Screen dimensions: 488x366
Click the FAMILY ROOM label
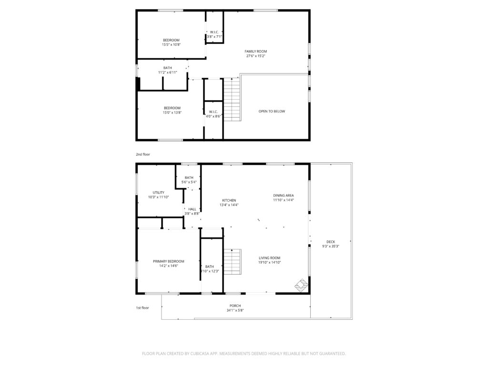coord(256,51)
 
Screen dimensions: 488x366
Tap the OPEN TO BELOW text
coord(272,111)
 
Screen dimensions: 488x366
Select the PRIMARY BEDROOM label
coord(168,262)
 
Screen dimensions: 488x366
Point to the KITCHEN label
coord(229,201)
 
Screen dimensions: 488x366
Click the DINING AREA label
coord(284,195)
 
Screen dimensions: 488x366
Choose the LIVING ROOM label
coord(270,258)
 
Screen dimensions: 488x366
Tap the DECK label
coord(331,242)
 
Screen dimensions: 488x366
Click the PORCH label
coord(235,305)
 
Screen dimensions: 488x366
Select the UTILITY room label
coord(158,193)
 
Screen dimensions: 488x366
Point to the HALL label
coord(192,209)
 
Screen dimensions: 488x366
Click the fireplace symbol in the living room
coord(301,285)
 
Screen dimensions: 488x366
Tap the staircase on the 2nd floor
coord(232,100)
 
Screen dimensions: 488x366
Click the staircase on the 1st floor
coord(233,262)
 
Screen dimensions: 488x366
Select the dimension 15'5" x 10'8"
coord(171,44)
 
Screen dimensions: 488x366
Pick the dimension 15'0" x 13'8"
coord(172,112)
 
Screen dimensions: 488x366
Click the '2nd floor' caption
coord(143,154)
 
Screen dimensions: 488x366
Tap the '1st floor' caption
coord(142,308)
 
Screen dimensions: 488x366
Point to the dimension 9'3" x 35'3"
coord(331,246)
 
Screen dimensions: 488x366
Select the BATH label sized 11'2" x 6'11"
coord(167,68)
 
